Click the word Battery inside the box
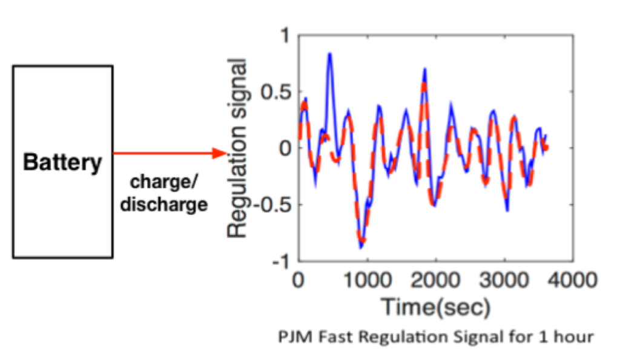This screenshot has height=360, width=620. [62, 163]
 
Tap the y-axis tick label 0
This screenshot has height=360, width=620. [285, 149]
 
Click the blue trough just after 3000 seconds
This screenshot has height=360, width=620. [507, 210]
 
